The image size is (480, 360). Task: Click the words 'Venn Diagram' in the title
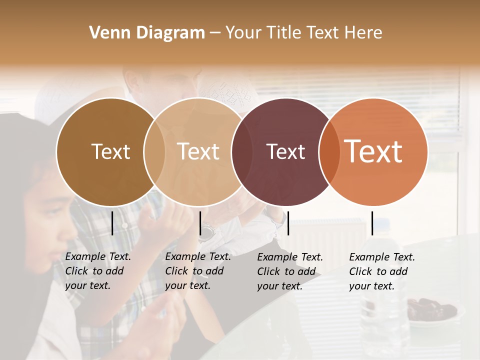coord(147,33)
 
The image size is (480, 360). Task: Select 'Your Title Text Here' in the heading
coord(303,33)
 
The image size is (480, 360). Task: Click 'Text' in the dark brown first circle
coord(110,151)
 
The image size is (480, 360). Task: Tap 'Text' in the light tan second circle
coord(198,151)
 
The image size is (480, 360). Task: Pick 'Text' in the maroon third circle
coord(285,152)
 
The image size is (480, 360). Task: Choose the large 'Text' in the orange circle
coord(373,151)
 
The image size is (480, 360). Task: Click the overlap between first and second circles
coord(154,152)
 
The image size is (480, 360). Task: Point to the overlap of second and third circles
coord(242,152)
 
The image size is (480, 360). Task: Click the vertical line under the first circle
coord(112,223)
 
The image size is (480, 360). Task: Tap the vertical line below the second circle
coord(200,223)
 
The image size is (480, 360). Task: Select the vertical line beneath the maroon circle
coord(288,223)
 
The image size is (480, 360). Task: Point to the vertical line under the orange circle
coord(372,223)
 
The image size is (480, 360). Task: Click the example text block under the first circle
coord(98,271)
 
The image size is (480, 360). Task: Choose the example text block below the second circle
coord(198,271)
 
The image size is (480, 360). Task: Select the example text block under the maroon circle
coord(290,271)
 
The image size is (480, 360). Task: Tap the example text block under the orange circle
coord(382,271)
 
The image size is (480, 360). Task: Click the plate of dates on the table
coord(431,310)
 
